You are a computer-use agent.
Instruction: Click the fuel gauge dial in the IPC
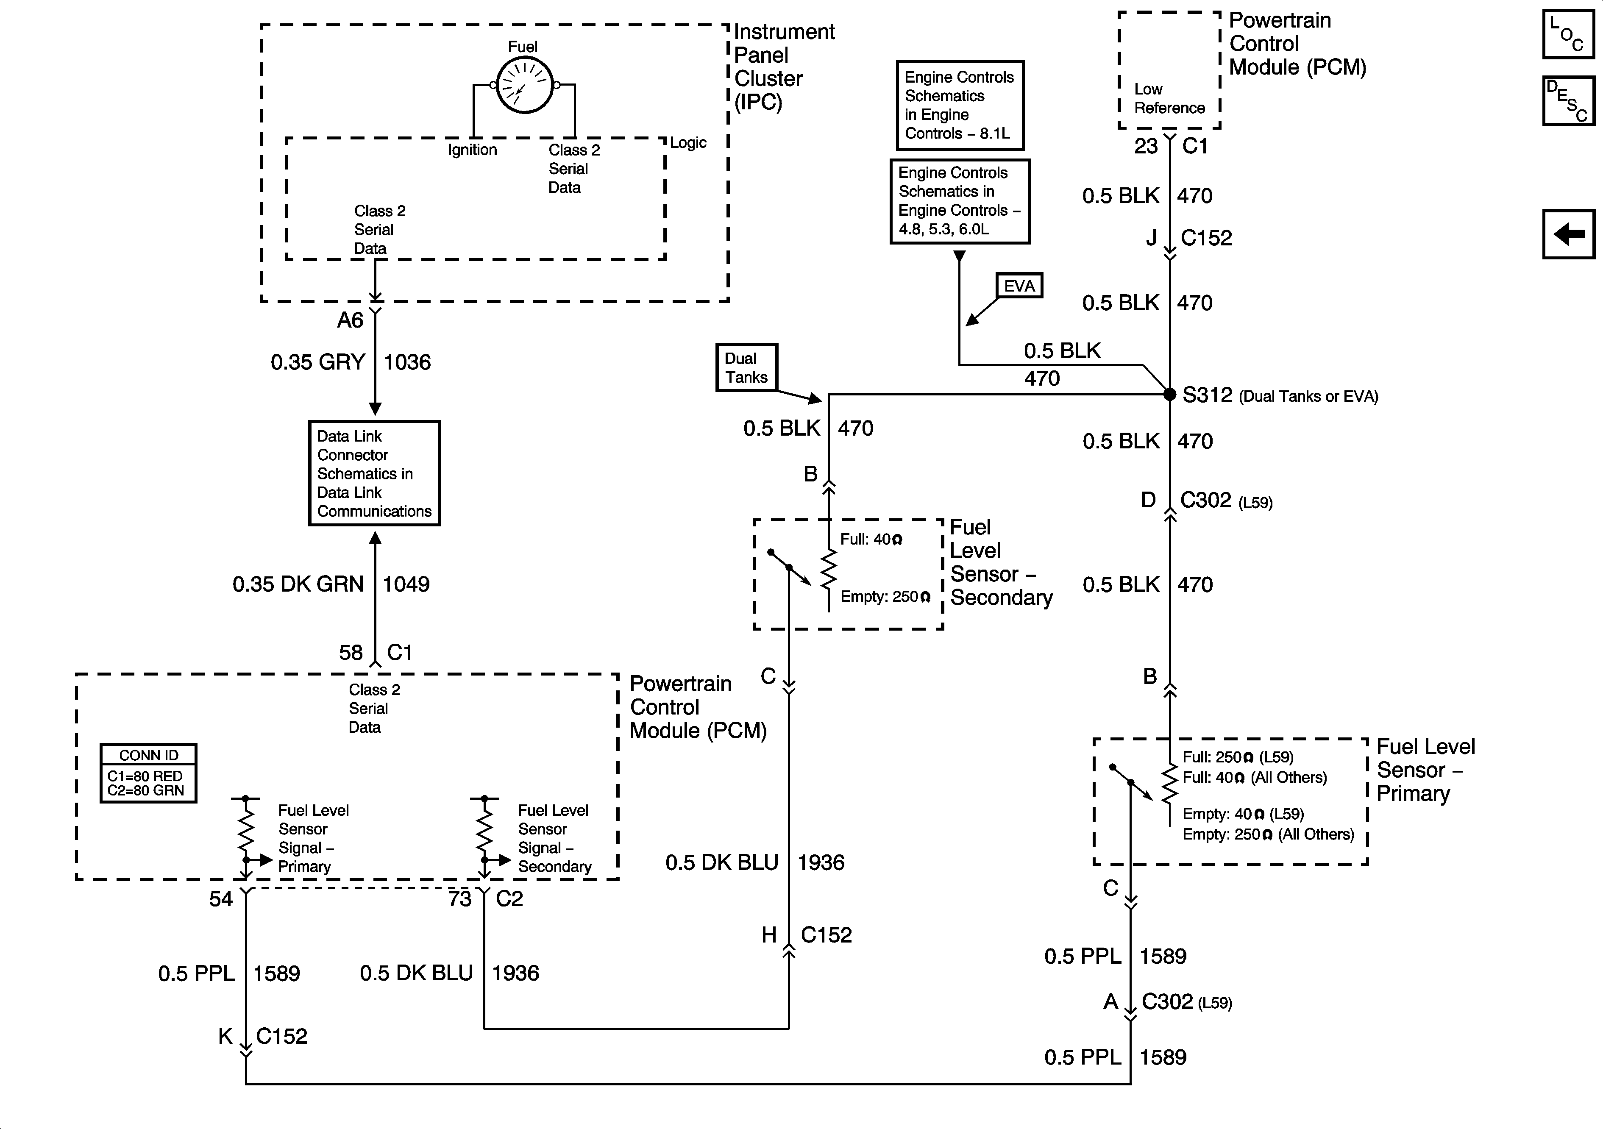524,85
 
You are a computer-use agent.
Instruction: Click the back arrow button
1568,234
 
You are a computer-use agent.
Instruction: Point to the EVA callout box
1019,286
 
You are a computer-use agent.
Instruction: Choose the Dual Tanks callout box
746,367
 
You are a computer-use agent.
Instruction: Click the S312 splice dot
1169,395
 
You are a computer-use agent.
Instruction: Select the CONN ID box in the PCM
148,773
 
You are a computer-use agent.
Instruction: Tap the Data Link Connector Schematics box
374,473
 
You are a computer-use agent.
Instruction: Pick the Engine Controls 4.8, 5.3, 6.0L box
959,201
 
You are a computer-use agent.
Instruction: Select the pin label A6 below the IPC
351,320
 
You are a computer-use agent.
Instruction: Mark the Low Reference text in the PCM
1169,98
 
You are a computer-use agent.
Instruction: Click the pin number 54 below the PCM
221,898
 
